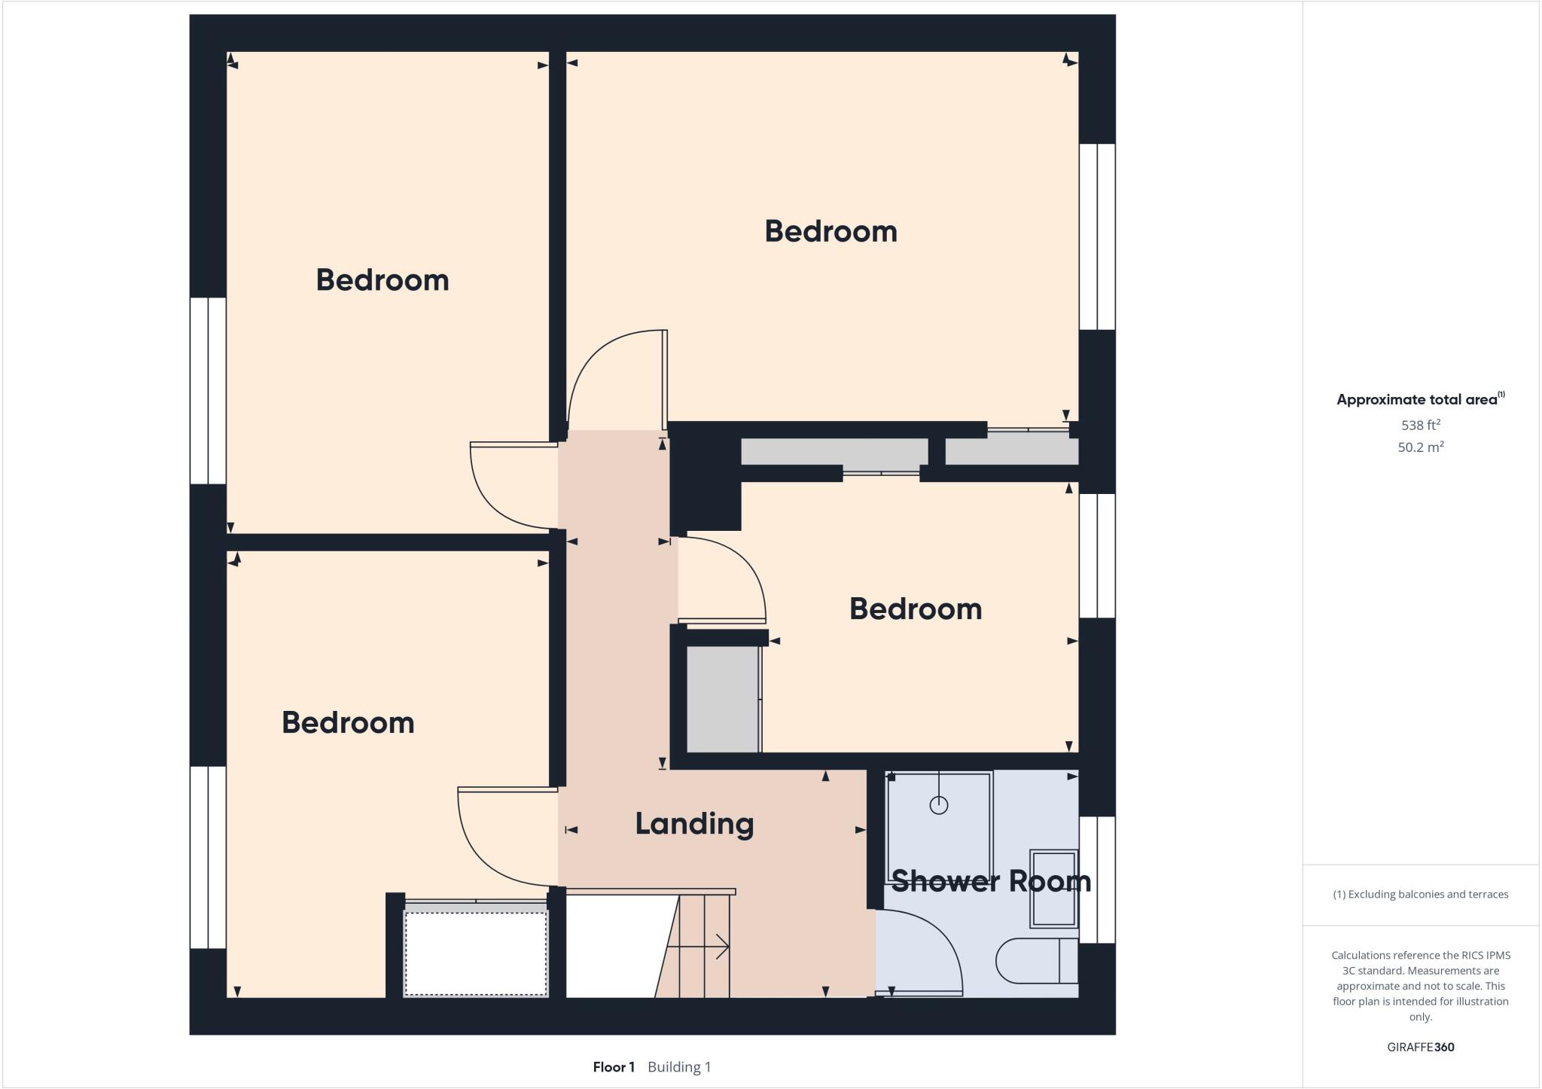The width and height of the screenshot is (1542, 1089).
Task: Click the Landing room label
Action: click(694, 824)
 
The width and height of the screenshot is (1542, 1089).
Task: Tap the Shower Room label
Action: click(991, 880)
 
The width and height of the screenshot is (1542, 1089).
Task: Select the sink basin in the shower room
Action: click(1053, 888)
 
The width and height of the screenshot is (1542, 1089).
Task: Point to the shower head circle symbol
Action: click(938, 805)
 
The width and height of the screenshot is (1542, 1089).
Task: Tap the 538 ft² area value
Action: click(1420, 425)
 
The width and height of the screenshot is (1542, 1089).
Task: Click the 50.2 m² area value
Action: click(1420, 447)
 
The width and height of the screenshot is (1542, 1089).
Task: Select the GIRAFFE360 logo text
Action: click(1420, 1047)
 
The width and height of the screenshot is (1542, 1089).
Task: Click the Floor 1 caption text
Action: click(614, 1067)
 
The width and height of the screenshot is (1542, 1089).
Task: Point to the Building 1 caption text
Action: click(679, 1067)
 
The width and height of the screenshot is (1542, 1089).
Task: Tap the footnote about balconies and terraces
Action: click(1420, 895)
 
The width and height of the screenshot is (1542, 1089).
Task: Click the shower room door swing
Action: click(930, 953)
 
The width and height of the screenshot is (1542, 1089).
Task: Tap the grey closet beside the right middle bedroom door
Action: click(722, 700)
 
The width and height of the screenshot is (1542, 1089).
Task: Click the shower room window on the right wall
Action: click(1097, 880)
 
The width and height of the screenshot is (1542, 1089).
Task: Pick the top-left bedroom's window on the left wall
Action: click(208, 390)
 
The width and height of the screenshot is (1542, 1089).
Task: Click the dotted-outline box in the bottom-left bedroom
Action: click(476, 953)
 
